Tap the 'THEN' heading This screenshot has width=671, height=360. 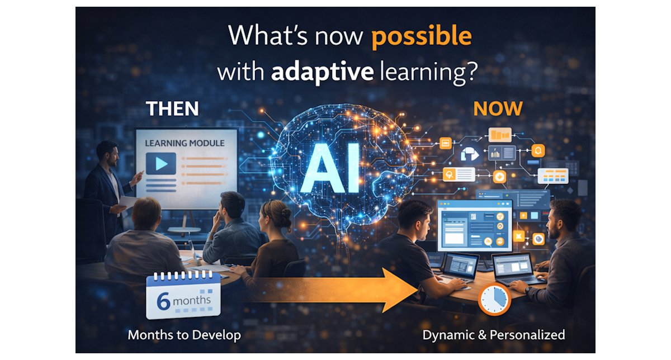(x=172, y=108)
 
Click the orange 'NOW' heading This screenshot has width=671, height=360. (x=498, y=108)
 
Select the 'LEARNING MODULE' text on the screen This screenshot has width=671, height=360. (x=185, y=143)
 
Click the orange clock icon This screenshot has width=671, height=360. (x=494, y=301)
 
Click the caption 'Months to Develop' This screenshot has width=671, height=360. (x=185, y=335)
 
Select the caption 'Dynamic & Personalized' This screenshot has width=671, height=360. (x=494, y=335)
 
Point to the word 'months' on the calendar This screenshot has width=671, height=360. (x=192, y=300)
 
